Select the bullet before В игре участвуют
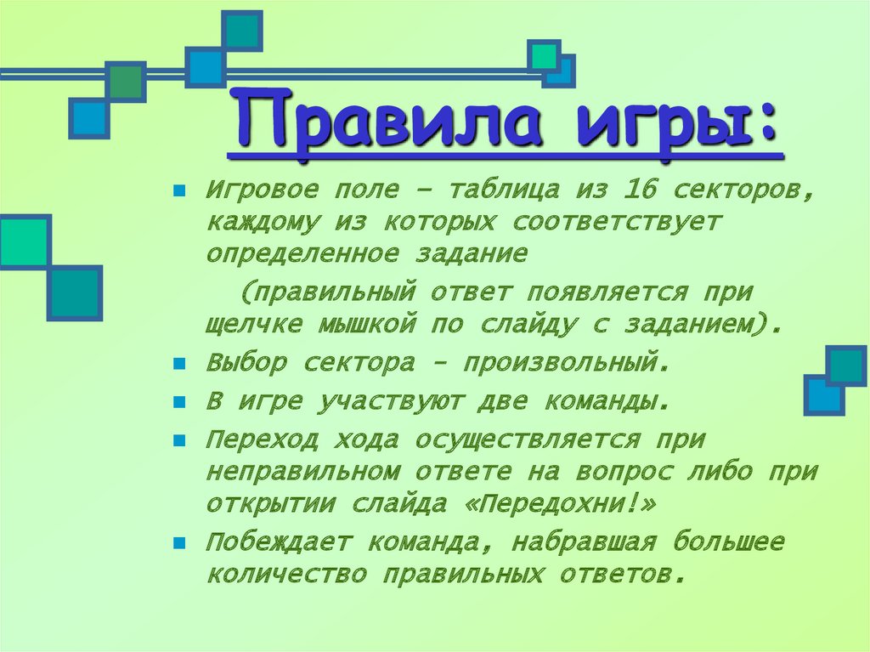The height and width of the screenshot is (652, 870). pos(179,403)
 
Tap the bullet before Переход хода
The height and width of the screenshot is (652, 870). pos(179,442)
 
